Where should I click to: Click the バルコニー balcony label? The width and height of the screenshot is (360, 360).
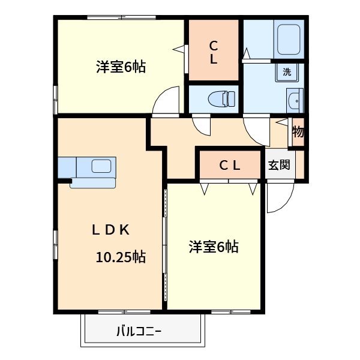[139, 331]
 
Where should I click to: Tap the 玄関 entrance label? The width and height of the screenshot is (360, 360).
[279, 165]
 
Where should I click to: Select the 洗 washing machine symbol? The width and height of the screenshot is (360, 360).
[287, 72]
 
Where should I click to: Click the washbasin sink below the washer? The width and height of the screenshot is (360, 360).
[294, 101]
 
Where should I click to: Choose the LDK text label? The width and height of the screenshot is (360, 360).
[110, 229]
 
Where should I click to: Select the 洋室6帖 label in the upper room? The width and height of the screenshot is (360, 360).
[121, 67]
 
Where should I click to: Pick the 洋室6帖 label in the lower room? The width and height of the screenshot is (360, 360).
[214, 247]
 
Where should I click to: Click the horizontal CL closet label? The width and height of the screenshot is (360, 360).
[229, 166]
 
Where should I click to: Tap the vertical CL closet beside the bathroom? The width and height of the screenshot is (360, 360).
[214, 52]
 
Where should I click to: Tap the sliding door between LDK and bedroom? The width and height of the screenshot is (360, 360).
[164, 246]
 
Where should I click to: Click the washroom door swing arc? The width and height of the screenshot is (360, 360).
[255, 129]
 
